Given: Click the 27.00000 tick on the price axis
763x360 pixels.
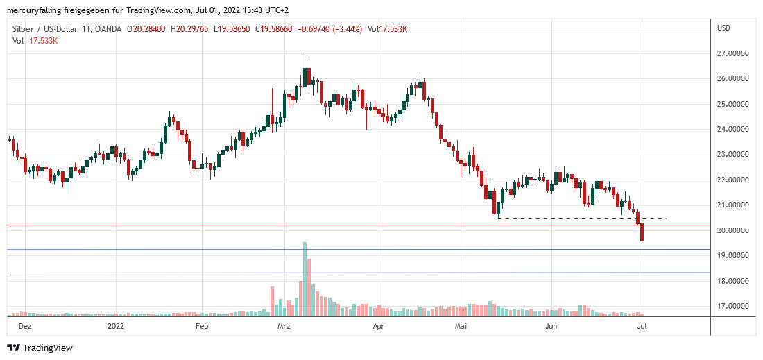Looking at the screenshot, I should coord(735,53).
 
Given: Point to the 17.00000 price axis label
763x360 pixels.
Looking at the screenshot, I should coord(735,306).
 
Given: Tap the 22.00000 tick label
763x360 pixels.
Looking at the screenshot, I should coord(735,180).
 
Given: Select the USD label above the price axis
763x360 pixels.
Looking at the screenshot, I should coord(724,28).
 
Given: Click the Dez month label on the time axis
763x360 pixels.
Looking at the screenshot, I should coord(24,325).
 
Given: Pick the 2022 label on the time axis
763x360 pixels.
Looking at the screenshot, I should coord(115,325).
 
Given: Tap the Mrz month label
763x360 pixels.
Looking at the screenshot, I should coord(284,325).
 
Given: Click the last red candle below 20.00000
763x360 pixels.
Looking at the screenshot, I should coord(642,232).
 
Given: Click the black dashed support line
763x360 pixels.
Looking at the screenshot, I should coord(583,219).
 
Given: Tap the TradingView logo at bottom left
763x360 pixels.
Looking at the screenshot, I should coord(40,348).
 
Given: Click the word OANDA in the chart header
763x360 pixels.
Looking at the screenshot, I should coord(109,29).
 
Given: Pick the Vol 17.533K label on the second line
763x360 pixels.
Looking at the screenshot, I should coord(35,41).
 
